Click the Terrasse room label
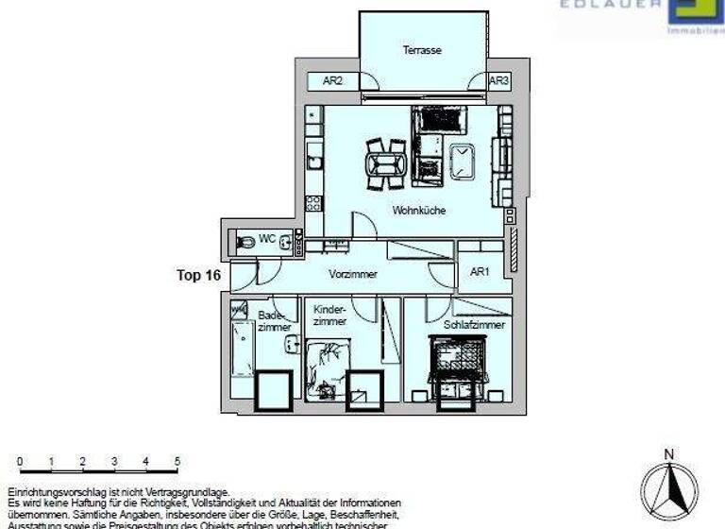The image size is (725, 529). click(422, 50)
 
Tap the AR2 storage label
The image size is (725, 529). click(332, 82)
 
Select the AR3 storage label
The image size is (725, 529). click(498, 81)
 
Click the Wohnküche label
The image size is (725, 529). click(419, 210)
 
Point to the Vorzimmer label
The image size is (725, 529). click(353, 275)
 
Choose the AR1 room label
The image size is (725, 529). click(481, 272)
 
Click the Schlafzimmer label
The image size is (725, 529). click(474, 324)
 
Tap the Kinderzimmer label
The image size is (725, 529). click(330, 316)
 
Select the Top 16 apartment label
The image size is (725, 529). click(199, 276)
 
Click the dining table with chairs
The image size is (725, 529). click(386, 164)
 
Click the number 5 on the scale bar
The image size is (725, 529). click(177, 461)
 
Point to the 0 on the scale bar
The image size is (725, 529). click(20, 461)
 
